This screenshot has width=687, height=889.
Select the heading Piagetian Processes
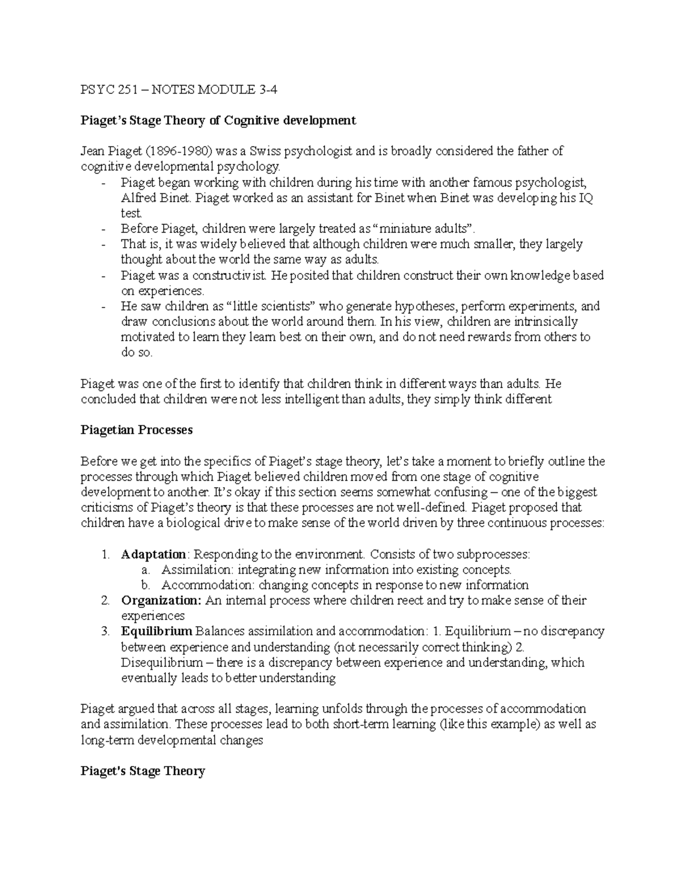coord(137,430)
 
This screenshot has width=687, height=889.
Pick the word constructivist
coord(229,275)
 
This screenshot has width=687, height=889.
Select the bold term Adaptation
coord(153,554)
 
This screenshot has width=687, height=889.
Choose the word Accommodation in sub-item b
coord(207,585)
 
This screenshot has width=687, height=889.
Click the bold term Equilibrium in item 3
coord(156,631)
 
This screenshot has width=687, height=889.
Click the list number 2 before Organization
coord(105,600)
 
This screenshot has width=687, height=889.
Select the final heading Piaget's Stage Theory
coord(143,771)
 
